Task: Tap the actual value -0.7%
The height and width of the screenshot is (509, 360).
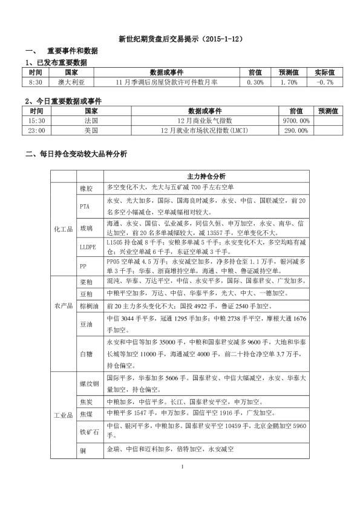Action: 325,82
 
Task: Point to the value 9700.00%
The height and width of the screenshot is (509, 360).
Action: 296,121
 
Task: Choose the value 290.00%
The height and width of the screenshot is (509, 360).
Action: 296,130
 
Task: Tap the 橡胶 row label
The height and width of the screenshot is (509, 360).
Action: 86,188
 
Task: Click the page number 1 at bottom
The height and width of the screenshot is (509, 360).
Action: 180,467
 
